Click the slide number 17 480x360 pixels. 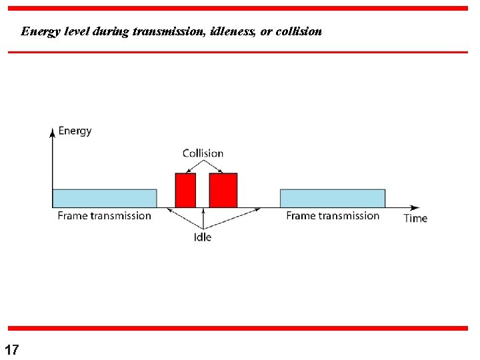coord(12,349)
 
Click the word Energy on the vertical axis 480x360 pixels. coord(75,131)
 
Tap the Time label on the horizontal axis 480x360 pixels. coord(415,218)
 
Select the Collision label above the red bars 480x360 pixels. coord(203,153)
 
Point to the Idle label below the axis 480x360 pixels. coord(203,237)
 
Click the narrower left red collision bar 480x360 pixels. coord(185,190)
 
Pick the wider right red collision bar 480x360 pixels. coord(223,190)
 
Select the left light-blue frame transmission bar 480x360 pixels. coord(105,198)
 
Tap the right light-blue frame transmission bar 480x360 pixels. coord(332,198)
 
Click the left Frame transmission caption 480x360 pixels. coord(104,215)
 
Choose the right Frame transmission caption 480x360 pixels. coord(333,215)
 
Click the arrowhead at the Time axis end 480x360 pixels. coord(415,207)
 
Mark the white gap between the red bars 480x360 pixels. coord(203,190)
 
